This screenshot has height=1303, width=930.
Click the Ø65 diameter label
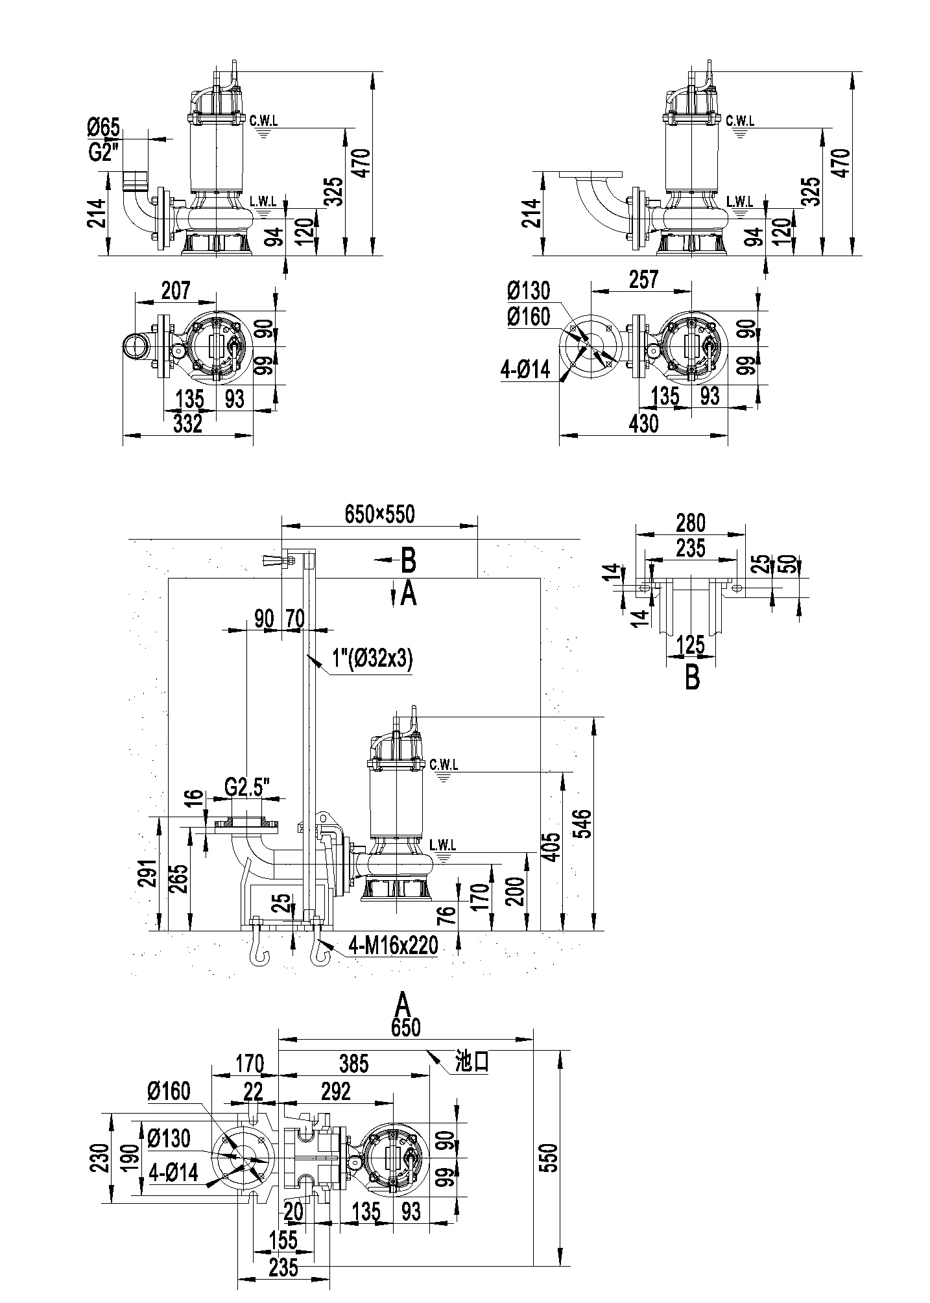[104, 128]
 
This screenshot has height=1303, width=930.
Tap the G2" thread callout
[103, 153]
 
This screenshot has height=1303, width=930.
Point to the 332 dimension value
[189, 424]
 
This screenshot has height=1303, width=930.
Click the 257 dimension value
[644, 279]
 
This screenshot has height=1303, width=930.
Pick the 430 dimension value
[643, 424]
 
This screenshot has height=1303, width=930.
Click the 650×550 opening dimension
[380, 514]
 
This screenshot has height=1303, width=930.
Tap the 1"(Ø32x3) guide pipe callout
[372, 659]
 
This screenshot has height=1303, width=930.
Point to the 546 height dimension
[584, 824]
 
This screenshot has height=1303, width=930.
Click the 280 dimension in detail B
[690, 522]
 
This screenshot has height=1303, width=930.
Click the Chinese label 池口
[471, 1062]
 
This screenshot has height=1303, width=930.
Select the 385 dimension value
[353, 1063]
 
